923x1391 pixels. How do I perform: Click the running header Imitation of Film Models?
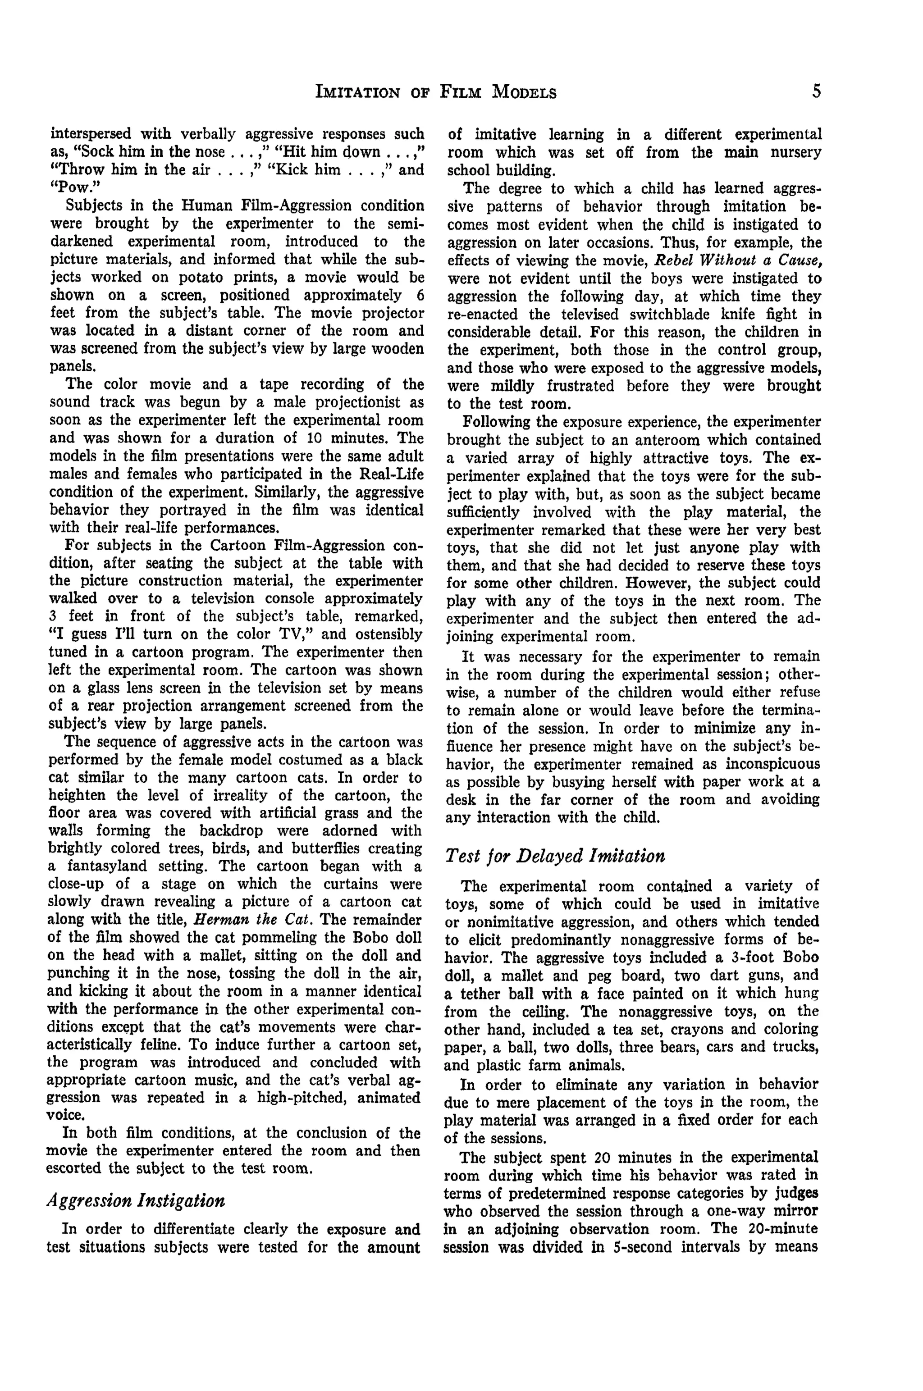point(436,92)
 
